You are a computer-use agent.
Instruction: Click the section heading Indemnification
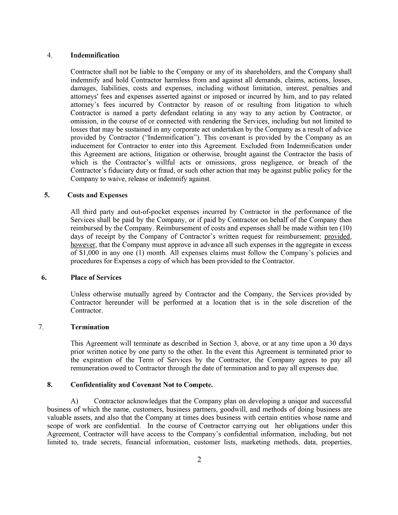tap(94, 55)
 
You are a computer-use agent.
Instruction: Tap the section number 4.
tap(49, 55)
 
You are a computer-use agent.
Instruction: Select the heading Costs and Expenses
tap(97, 195)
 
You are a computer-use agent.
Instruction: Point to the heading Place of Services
tap(96, 277)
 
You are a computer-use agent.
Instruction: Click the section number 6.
tap(43, 277)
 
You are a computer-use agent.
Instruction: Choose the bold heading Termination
tap(90, 327)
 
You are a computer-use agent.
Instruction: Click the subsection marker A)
tap(75, 402)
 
